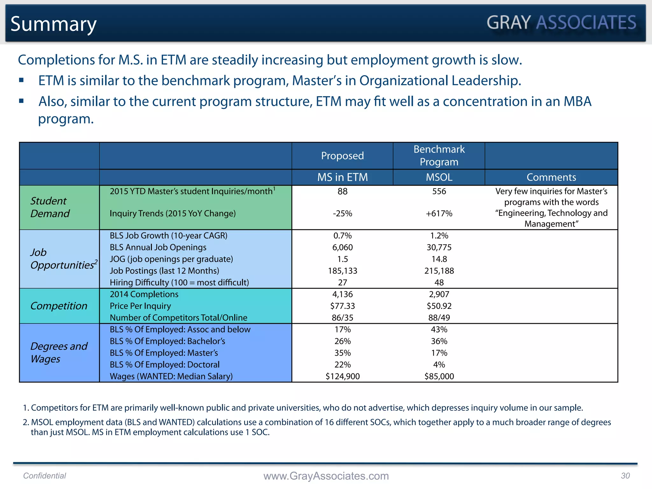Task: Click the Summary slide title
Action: [x=53, y=24]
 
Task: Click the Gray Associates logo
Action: [x=561, y=23]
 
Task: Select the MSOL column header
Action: [x=439, y=177]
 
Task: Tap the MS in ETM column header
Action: [x=342, y=177]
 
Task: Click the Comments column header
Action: [x=551, y=177]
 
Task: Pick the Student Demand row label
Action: [x=50, y=207]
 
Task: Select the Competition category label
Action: [x=59, y=306]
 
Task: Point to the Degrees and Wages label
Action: [x=59, y=352]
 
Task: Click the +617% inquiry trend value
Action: [x=439, y=214]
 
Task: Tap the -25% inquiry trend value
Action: [x=342, y=214]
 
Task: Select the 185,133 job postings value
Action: [x=342, y=271]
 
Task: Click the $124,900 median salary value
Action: [x=342, y=376]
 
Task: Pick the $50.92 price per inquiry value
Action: [x=439, y=306]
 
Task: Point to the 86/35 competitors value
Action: [x=342, y=318]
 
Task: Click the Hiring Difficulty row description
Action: [x=179, y=283]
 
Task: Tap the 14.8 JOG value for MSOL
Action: [x=439, y=259]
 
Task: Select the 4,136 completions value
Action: [x=342, y=294]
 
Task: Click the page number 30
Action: [x=625, y=476]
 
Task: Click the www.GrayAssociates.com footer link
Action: [x=326, y=476]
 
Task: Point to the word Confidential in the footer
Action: [x=45, y=476]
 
